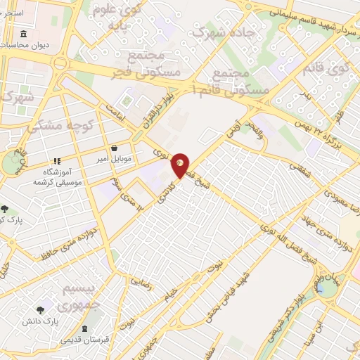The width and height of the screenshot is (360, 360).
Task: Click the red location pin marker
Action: (181, 165)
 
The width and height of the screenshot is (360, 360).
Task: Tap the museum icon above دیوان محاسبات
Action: (25, 34)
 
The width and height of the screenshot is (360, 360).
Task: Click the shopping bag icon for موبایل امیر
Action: (115, 148)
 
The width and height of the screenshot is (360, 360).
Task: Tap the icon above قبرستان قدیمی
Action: (85, 329)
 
